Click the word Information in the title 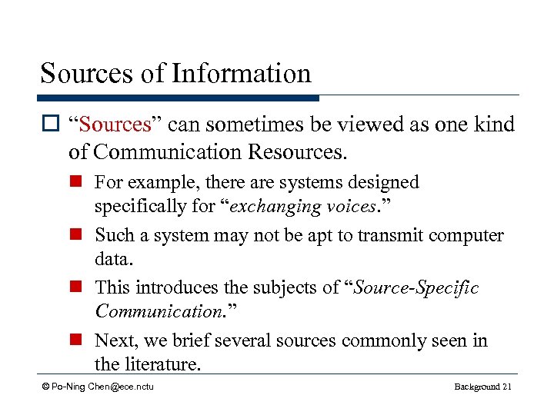click(241, 74)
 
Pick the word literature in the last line click(159, 364)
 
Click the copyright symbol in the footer click(45, 386)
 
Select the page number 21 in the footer click(506, 386)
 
